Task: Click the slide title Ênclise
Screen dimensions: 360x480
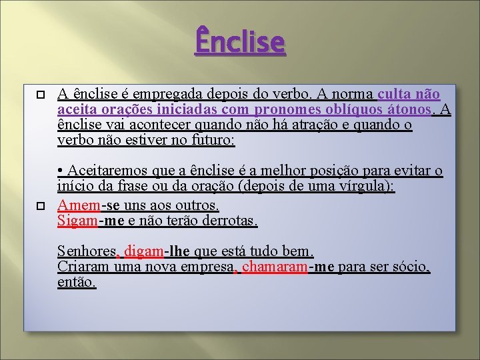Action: [240, 41]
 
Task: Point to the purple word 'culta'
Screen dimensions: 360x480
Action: [399, 94]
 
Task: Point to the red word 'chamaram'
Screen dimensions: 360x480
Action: [273, 267]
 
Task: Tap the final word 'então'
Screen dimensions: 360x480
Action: [77, 282]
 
